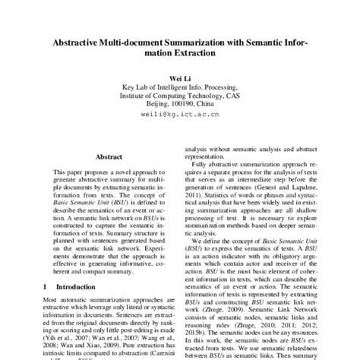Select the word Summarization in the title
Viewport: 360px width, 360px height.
204,43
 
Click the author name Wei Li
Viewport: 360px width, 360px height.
179,77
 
